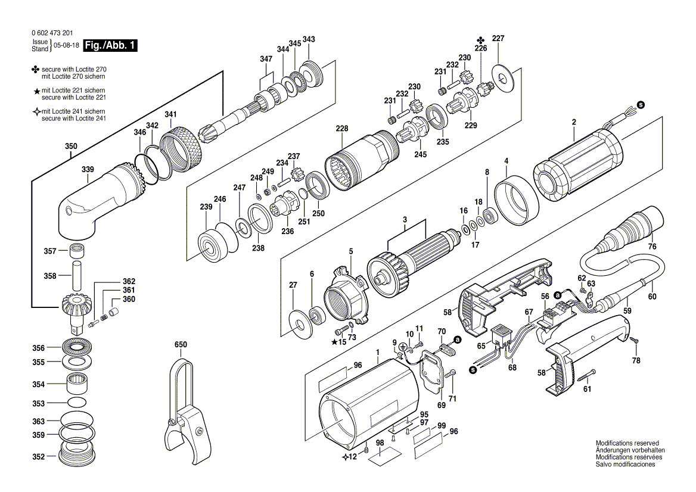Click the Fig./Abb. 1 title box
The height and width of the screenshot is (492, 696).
click(110, 45)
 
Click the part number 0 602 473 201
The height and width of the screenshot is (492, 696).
click(53, 33)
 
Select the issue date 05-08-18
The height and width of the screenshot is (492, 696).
click(66, 45)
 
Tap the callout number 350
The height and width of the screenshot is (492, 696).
click(70, 147)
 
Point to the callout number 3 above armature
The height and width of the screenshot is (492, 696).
click(405, 220)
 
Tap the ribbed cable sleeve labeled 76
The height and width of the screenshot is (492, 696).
click(632, 229)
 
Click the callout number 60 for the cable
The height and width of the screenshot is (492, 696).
click(652, 296)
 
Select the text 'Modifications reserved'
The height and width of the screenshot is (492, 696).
click(627, 444)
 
